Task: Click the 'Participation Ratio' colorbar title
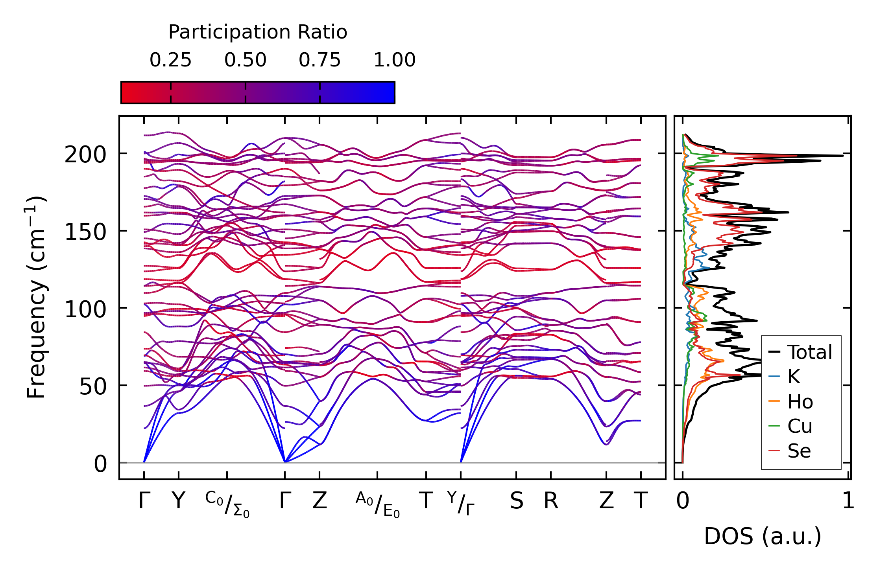(258, 32)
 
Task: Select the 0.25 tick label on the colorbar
(170, 61)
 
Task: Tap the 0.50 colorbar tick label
(245, 61)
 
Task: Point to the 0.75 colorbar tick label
(319, 61)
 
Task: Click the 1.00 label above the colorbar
(394, 61)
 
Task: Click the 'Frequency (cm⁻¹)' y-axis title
(37, 298)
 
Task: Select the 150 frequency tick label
(85, 232)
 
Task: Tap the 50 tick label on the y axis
(93, 387)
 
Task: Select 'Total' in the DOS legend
(809, 352)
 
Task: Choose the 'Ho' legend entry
(800, 402)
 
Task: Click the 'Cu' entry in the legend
(800, 426)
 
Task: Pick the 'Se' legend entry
(799, 451)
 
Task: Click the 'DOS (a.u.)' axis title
(763, 537)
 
